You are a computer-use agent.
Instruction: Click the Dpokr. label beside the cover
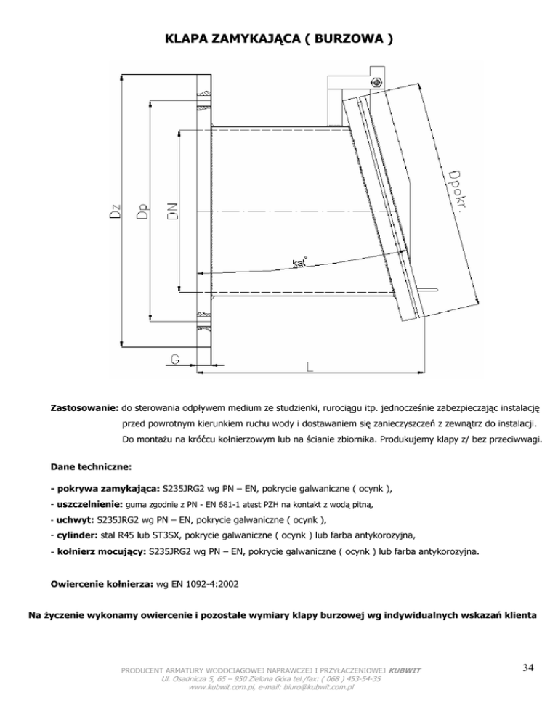(456, 190)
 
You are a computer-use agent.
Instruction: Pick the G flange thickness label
(174, 359)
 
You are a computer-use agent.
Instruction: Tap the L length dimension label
(310, 367)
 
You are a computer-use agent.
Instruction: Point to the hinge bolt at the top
(376, 82)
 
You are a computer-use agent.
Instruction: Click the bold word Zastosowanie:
(85, 408)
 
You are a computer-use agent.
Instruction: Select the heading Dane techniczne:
(91, 466)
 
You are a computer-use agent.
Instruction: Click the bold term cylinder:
(77, 535)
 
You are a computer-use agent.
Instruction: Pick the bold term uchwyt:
(76, 519)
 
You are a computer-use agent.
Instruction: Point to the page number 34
(528, 668)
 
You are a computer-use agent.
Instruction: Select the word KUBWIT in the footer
(405, 670)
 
